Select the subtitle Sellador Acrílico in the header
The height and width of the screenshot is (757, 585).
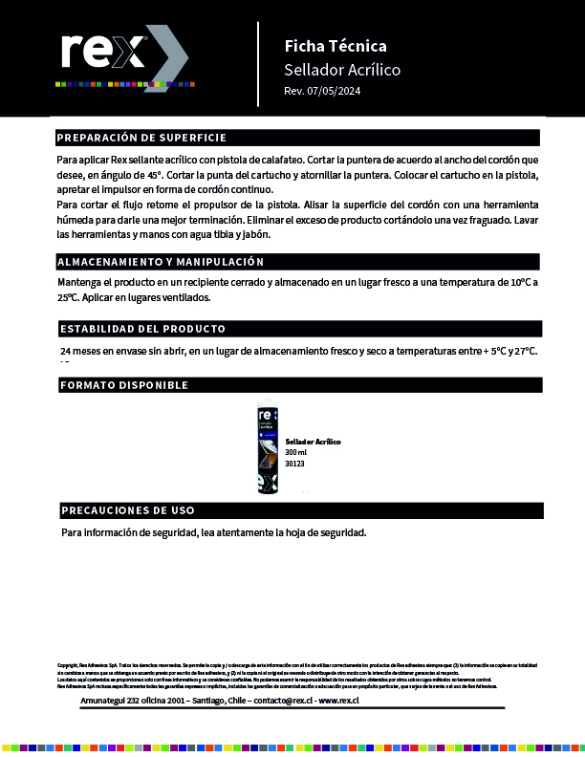341,70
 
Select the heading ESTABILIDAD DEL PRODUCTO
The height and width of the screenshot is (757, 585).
143,329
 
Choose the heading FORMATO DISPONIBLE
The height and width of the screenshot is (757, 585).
124,385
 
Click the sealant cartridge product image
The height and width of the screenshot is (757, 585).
267,450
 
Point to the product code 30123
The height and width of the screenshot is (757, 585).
294,464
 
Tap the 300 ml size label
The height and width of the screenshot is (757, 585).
296,453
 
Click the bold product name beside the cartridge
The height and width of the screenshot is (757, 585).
313,442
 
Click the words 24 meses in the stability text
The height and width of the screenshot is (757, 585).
82,352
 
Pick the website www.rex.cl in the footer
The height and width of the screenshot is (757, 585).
338,701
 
